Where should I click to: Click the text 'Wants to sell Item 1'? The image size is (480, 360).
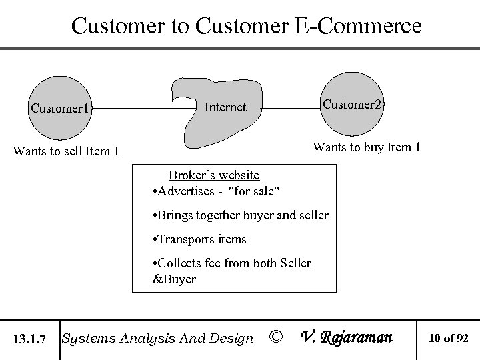66,151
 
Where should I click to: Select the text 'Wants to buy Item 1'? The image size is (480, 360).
367,147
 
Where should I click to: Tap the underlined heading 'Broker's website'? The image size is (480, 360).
213,175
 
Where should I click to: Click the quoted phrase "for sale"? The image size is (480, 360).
254,192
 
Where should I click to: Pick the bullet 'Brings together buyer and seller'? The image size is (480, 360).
241,215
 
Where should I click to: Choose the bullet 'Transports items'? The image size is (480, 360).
200,239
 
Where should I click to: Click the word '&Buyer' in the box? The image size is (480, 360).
175,279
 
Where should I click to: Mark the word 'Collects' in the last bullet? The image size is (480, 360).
179,263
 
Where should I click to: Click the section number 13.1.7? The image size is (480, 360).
29,339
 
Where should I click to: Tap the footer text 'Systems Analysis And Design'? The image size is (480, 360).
157,339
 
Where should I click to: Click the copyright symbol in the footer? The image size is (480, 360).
275,338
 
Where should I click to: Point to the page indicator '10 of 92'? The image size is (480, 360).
448,339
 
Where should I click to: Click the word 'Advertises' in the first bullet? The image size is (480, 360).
185,192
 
